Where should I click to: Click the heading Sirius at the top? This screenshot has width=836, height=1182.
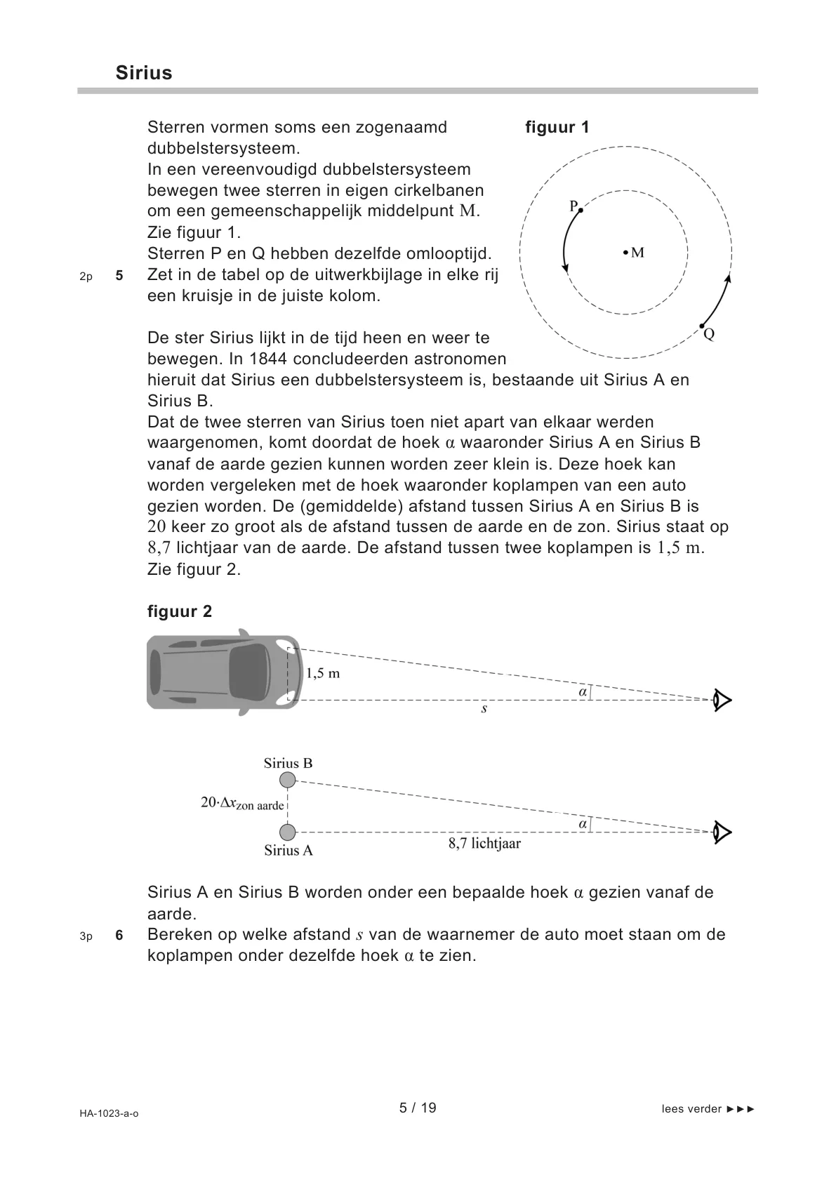[x=144, y=73]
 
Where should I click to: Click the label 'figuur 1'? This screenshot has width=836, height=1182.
[x=557, y=127]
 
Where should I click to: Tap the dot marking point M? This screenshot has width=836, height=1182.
[x=625, y=253]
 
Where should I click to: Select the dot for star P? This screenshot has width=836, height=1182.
[x=580, y=209]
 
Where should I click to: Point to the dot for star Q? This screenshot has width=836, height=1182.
[x=701, y=327]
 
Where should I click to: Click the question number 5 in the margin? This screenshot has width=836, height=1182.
[x=119, y=276]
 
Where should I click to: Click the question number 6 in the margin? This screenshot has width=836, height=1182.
[x=119, y=936]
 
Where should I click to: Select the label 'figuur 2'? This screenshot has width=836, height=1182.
[x=180, y=611]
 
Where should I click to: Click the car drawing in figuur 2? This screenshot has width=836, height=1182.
[x=221, y=672]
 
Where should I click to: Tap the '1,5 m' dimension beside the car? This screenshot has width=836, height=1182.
[x=323, y=673]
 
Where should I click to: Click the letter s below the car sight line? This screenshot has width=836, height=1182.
[x=484, y=709]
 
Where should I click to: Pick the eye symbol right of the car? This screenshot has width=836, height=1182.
[x=722, y=700]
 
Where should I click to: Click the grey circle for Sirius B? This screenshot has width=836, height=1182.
[x=288, y=780]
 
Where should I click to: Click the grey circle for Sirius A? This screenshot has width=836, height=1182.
[x=288, y=832]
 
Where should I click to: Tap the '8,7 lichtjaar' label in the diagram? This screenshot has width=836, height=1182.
[x=484, y=844]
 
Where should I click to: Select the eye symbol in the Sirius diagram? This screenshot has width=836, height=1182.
[x=722, y=832]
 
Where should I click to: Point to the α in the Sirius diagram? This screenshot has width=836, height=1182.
[x=583, y=824]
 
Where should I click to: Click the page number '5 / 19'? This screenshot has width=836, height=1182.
[x=418, y=1108]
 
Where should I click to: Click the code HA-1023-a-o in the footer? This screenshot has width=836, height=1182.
[x=109, y=1113]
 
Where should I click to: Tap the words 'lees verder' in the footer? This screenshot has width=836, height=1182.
[x=691, y=1109]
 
